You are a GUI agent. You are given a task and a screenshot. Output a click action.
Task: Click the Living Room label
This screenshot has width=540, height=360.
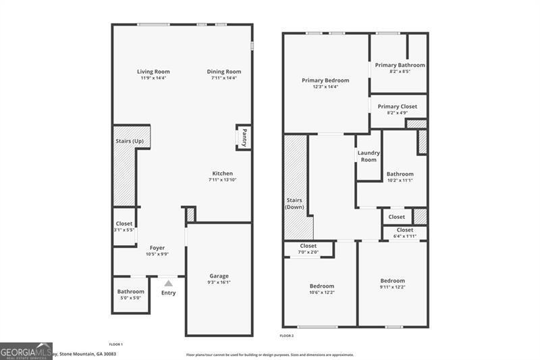pos(153,72)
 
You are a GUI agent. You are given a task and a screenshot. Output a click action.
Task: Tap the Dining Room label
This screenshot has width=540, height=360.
pos(224,72)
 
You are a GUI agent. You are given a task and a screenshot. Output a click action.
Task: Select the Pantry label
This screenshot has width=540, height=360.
pos(244,137)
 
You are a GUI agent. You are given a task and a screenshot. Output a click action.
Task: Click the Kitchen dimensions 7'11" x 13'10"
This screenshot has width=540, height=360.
pos(223,180)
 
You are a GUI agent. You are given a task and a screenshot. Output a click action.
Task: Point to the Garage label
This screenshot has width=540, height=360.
pos(219,276)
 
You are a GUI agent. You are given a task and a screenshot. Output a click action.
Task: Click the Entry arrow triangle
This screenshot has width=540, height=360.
pos(168,284)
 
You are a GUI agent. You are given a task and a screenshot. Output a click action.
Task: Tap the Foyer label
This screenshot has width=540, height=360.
pos(157,248)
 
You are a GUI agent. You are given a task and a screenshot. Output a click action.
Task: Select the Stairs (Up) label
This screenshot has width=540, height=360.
pos(130,141)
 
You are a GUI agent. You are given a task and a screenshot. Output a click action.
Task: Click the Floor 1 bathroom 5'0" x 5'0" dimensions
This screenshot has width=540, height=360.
pos(131,298)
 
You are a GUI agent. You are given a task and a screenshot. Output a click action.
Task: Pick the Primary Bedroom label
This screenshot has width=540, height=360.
pos(325,80)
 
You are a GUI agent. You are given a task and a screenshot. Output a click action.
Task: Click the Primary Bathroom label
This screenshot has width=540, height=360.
pos(400,65)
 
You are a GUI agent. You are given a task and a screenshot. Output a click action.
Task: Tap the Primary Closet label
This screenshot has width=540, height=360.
pos(398,107)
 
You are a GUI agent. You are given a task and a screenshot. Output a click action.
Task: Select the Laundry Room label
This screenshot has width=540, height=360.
pos(369,156)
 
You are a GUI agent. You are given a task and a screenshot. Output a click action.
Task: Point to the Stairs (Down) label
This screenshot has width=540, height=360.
pos(294,203)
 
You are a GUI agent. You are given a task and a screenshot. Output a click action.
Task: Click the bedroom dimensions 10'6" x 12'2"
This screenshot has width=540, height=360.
pos(321,292)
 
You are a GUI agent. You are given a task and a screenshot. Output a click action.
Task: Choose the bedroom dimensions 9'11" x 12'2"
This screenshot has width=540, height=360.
pos(392,287)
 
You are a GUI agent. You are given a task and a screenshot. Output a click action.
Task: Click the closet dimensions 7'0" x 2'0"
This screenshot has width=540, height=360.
pos(308,252)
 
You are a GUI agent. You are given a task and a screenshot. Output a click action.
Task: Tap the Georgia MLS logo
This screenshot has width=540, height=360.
pos(26,351)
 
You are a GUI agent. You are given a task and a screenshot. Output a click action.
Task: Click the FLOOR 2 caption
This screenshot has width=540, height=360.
pos(287,335)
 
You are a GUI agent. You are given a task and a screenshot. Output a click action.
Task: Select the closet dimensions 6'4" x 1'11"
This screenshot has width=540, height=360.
pos(405,236)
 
